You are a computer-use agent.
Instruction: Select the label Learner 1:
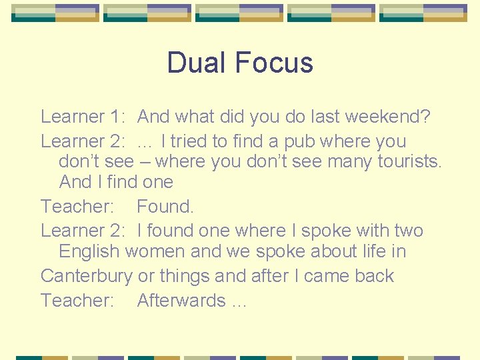pos(82,117)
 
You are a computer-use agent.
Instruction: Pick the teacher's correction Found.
pos(165,207)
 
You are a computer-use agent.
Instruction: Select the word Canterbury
pos(86,276)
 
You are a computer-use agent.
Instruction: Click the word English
pos(89,251)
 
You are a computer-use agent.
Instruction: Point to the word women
pos(158,251)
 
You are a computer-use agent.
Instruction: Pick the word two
pos(408,231)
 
